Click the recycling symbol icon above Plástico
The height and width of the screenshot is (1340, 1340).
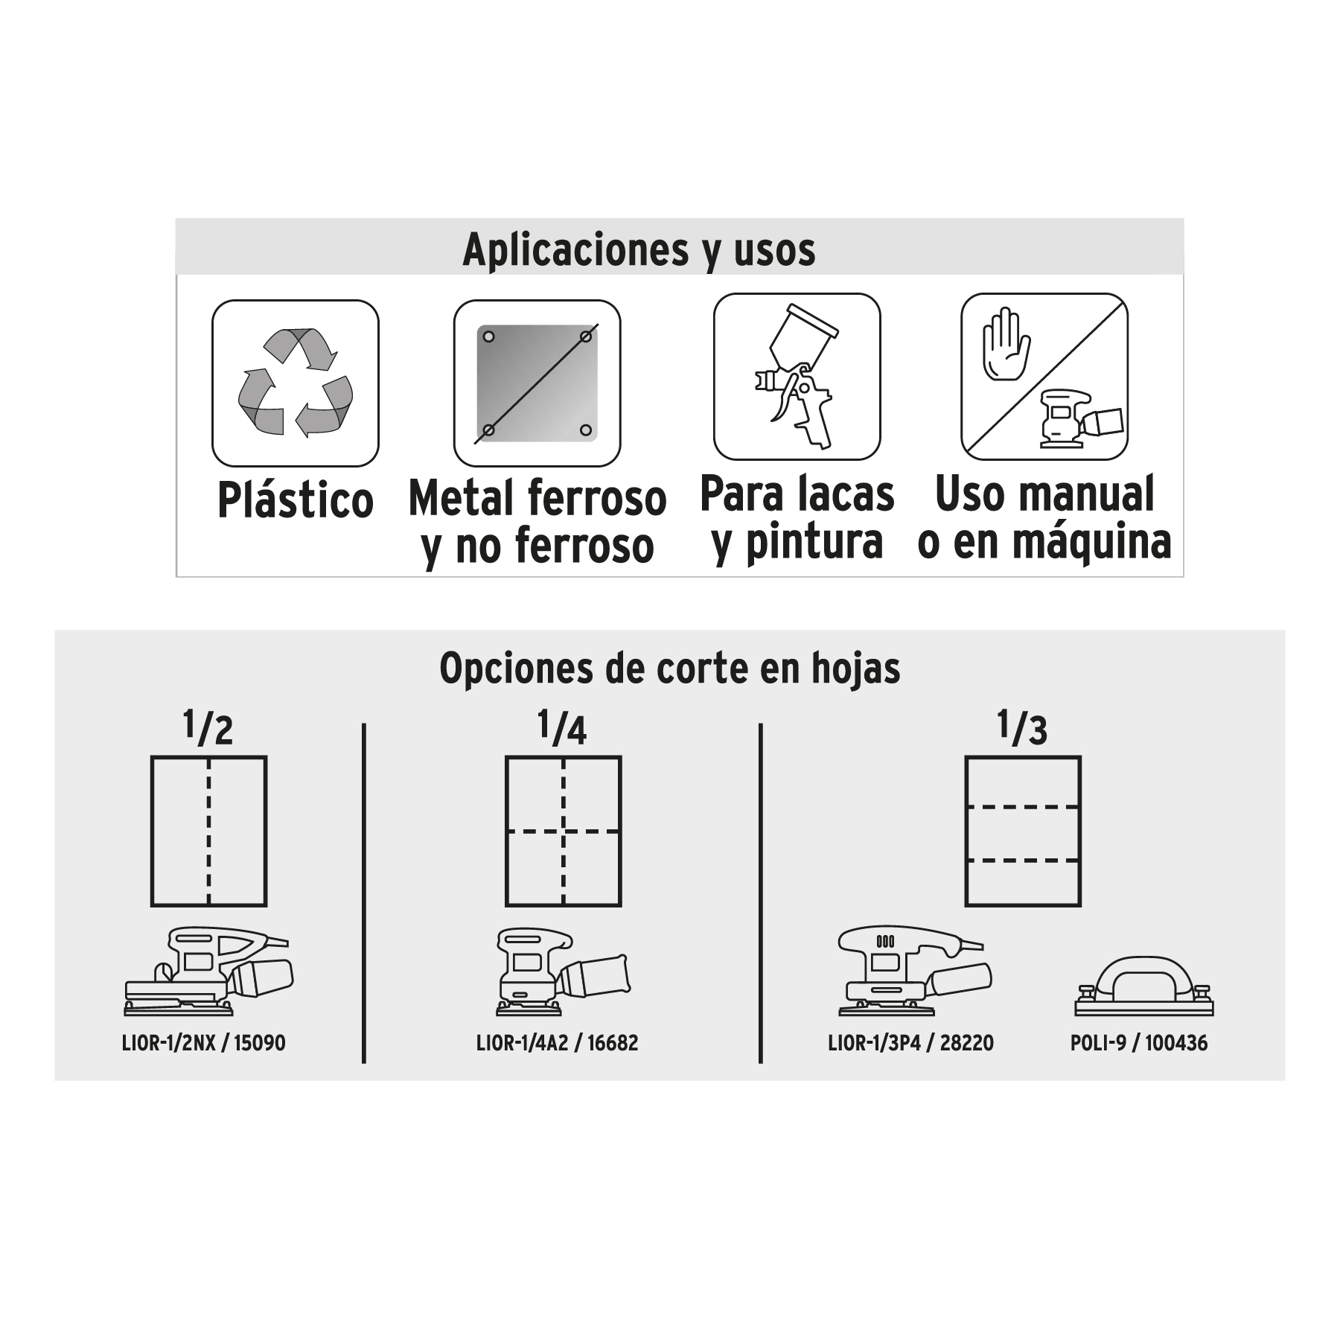tap(296, 383)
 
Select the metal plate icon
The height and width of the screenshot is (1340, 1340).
tap(537, 383)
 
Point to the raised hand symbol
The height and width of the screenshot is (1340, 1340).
tap(1006, 344)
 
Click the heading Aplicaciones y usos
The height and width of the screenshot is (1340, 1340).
tap(639, 249)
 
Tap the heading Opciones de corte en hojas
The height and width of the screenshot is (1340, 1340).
tap(670, 668)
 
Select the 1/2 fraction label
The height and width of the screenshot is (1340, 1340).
tap(208, 727)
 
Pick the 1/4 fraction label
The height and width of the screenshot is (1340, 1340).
tap(563, 727)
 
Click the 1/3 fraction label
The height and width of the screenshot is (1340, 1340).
tap(1023, 727)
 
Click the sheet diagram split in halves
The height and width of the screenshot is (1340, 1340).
tap(209, 832)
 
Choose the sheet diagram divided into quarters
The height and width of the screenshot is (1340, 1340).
tap(564, 832)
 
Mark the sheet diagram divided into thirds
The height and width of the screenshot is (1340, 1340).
tap(1023, 832)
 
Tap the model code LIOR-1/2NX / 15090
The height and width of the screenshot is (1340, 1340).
tap(203, 1043)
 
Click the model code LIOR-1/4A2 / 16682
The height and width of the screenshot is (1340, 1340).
tap(557, 1043)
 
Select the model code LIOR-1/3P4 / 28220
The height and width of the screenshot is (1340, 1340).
tap(910, 1043)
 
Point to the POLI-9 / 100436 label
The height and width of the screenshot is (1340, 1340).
tap(1139, 1043)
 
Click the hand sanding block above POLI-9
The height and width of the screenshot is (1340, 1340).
tap(1144, 986)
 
